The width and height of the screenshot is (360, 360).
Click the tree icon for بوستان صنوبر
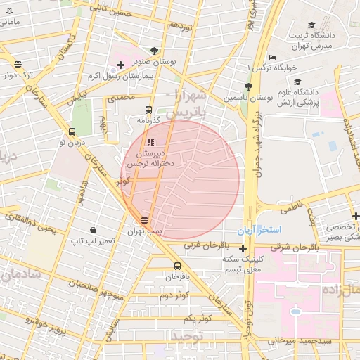pyautogui.click(x=154, y=51)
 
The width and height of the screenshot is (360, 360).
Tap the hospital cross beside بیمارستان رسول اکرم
pyautogui.click(x=120, y=65)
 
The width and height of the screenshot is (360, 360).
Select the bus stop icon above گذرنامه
pyautogui.click(x=148, y=110)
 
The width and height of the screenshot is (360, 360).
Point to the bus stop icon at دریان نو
pyautogui.click(x=72, y=131)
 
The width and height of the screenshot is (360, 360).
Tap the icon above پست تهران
pyautogui.click(x=145, y=220)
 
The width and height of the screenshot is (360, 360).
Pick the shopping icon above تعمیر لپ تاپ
pyautogui.click(x=93, y=230)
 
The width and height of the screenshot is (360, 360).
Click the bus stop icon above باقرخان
pyautogui.click(x=177, y=266)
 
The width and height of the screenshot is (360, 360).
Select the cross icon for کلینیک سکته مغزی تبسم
pyautogui.click(x=243, y=248)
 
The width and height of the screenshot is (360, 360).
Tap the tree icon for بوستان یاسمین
pyautogui.click(x=247, y=86)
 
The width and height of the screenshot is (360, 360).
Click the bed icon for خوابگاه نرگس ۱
pyautogui.click(x=272, y=57)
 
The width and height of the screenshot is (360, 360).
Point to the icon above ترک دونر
pyautogui.click(x=17, y=64)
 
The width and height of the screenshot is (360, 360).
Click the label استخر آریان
pyautogui.click(x=259, y=230)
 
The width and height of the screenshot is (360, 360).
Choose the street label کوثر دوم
pyautogui.click(x=173, y=296)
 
